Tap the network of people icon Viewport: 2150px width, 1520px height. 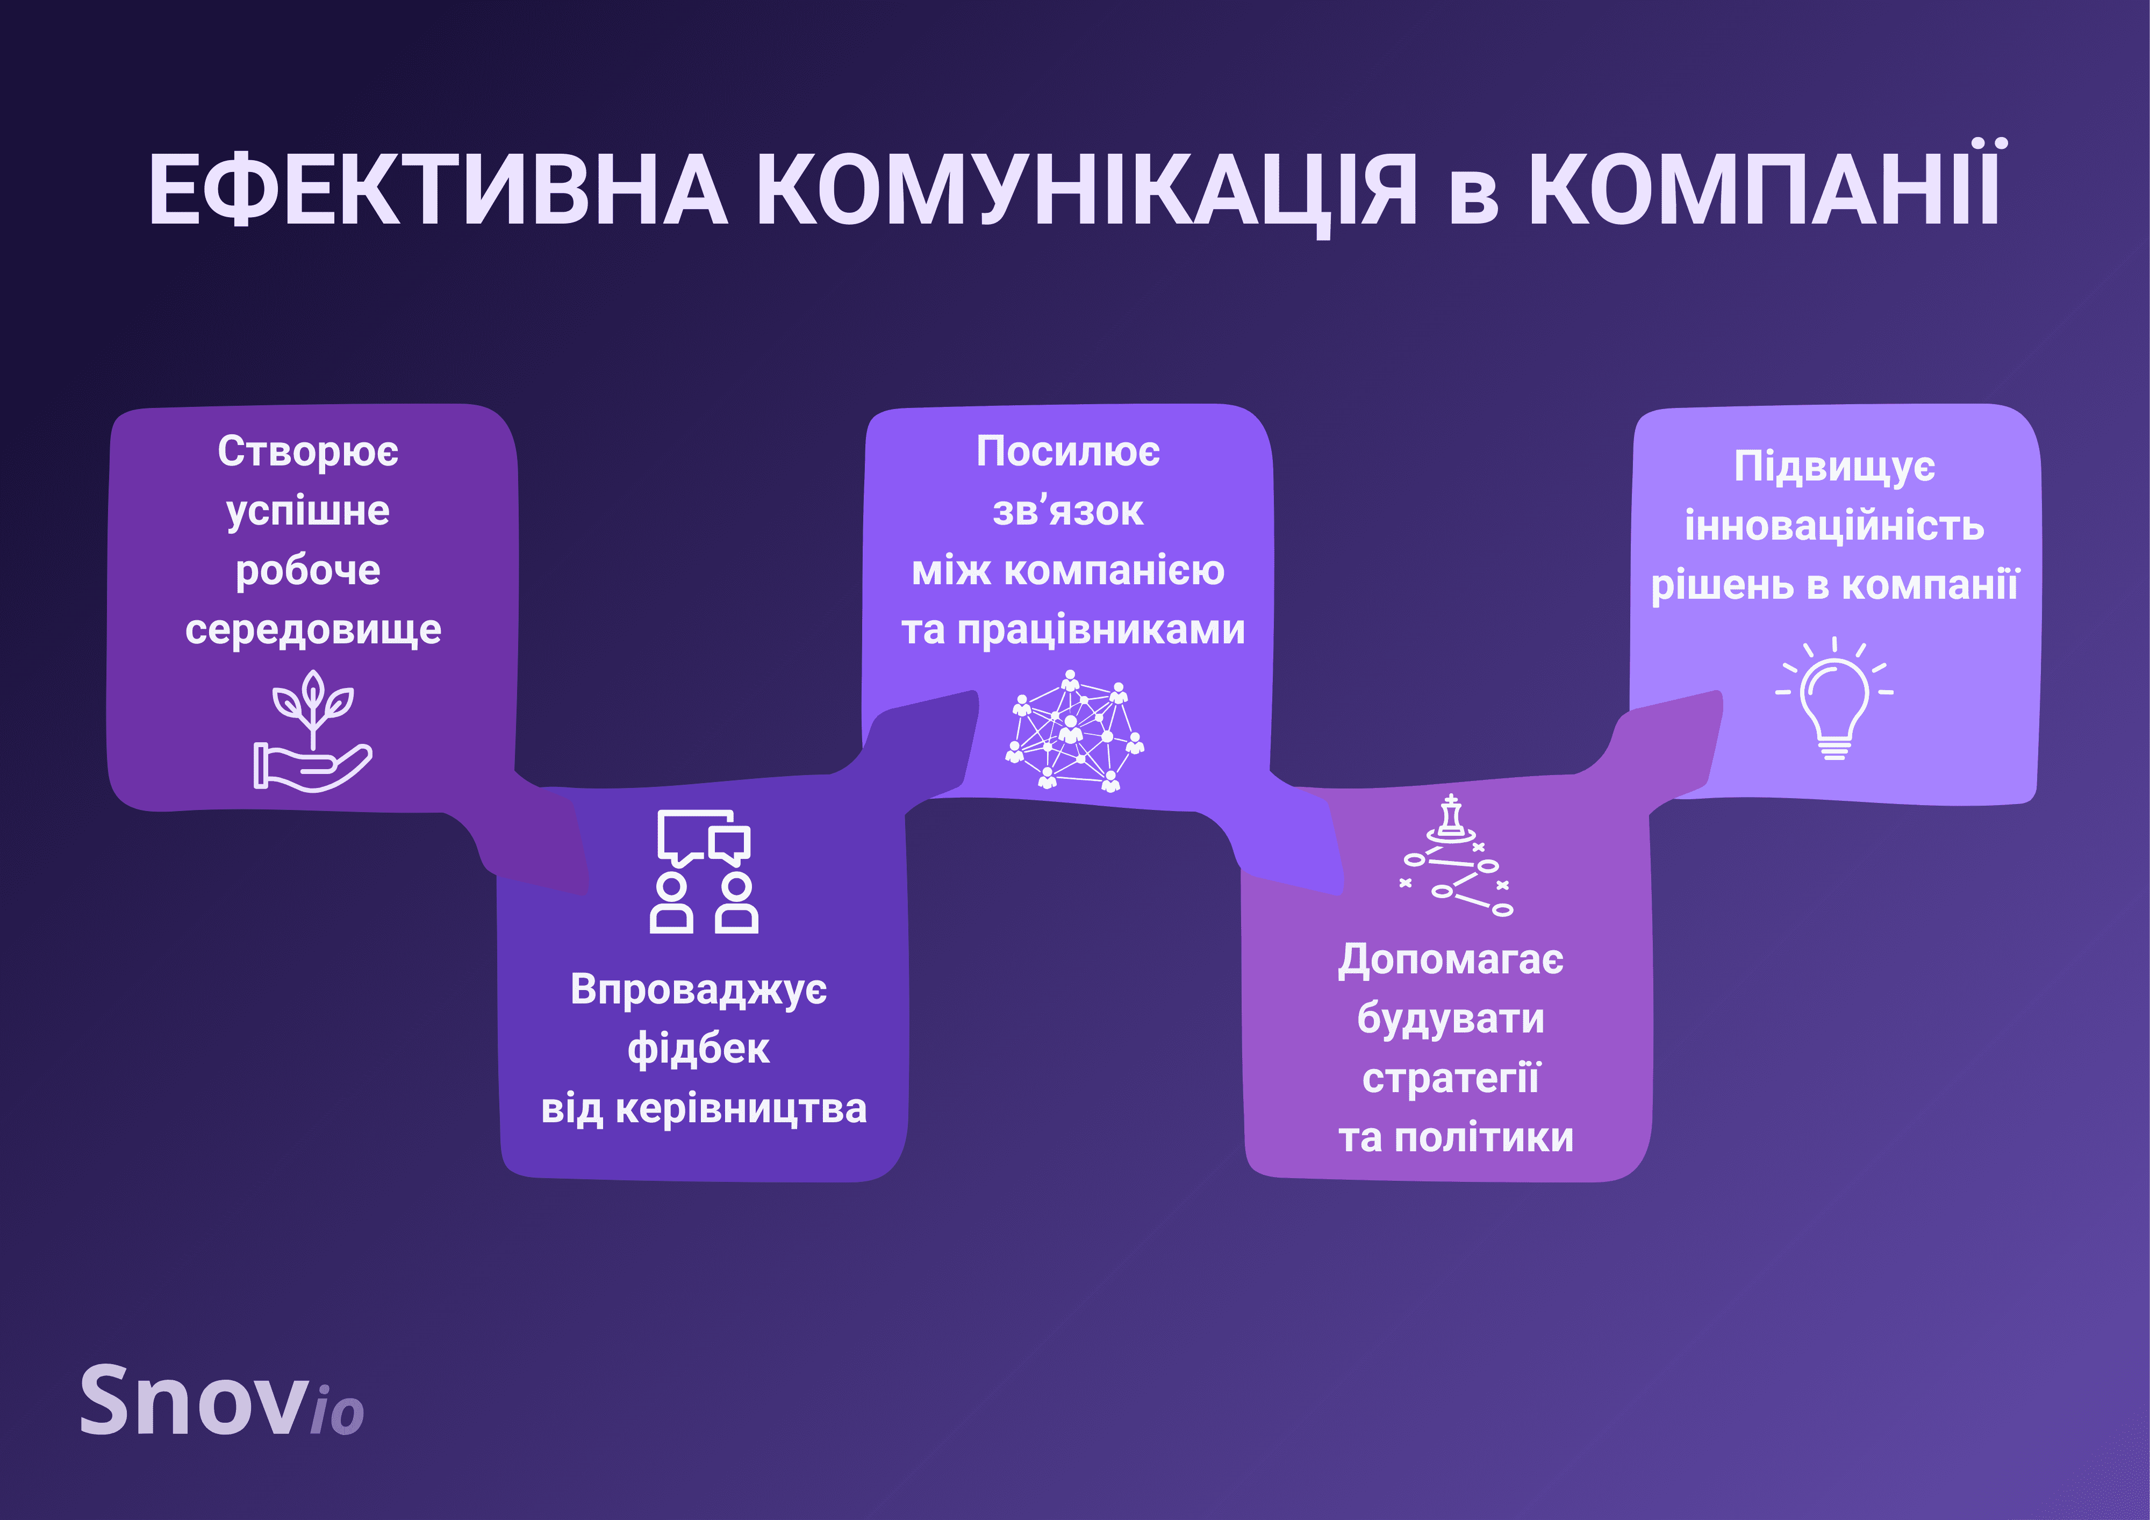click(x=1074, y=730)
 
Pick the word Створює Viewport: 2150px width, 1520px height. click(x=308, y=451)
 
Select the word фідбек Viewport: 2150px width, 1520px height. click(x=699, y=1049)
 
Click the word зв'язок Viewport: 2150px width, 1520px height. click(x=1067, y=511)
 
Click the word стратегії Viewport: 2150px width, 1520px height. click(x=1451, y=1079)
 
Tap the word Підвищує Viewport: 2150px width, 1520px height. click(x=1834, y=467)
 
